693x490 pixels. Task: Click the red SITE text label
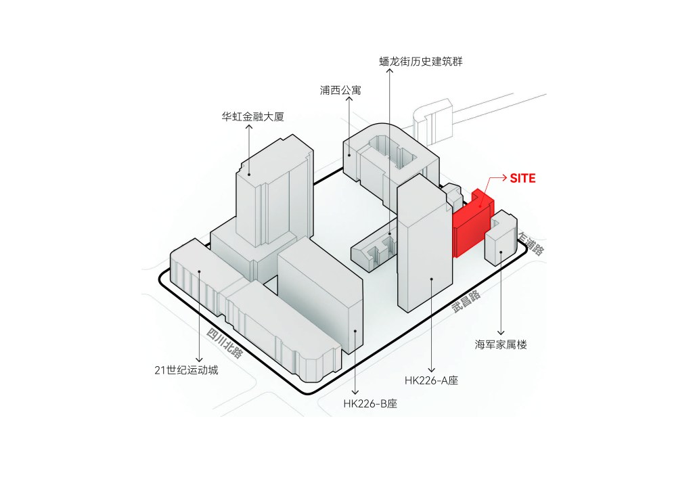click(522, 179)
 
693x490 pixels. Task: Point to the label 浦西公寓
click(340, 89)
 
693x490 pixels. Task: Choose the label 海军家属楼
click(501, 344)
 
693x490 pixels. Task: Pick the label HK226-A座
click(431, 380)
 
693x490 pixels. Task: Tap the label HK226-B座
click(370, 403)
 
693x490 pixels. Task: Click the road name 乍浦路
click(532, 244)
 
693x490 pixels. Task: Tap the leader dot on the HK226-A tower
click(431, 279)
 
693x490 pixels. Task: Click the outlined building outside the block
click(437, 120)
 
